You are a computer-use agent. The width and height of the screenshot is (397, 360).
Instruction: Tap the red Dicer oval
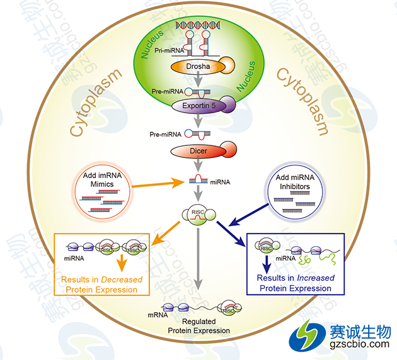coord(198,151)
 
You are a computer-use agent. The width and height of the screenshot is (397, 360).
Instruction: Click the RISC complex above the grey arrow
coord(198,214)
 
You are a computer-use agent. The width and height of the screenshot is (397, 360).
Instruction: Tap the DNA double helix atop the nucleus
coord(198,26)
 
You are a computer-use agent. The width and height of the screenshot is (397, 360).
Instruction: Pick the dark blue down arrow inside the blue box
coord(267,263)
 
